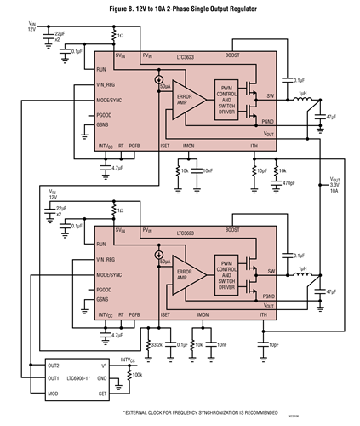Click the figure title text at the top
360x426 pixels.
tap(180, 9)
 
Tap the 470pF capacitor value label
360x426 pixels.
tap(289, 182)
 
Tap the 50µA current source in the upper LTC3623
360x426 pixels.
tap(159, 82)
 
